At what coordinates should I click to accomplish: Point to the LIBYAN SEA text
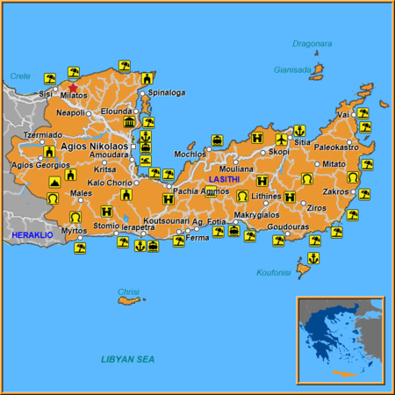pos(127,359)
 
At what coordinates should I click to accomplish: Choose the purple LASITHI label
pos(225,179)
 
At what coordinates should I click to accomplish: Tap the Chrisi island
pos(130,300)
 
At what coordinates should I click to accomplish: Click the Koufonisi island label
pos(273,272)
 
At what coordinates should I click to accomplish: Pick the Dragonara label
pos(313,42)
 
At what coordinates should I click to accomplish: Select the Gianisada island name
pos(292,70)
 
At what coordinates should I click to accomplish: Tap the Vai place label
pos(343,115)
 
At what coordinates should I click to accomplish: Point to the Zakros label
pos(335,190)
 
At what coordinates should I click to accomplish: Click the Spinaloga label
pos(166,92)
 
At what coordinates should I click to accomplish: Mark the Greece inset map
pos(340,341)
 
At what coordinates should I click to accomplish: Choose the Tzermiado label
pos(41,135)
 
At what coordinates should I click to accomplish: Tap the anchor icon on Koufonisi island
pos(312,258)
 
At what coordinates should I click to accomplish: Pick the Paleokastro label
pos(337,147)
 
